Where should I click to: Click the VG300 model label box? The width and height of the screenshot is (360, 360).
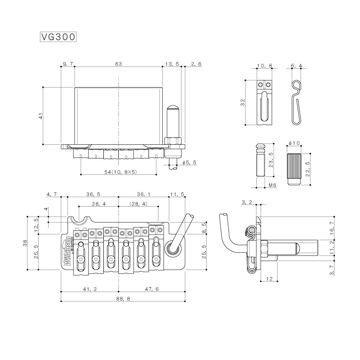coord(58,37)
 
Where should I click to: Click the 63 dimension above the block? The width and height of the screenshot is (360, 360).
coord(118,64)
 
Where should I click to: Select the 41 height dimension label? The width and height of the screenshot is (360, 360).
coord(41,116)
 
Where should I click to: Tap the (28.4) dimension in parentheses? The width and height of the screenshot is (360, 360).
coord(139,204)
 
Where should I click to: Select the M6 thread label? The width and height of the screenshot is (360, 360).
coord(273,185)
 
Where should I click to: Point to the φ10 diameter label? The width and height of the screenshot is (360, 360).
coord(294,143)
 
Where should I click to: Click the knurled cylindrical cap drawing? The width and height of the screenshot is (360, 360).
coord(294,168)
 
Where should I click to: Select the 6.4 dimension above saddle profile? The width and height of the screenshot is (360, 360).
coord(296,66)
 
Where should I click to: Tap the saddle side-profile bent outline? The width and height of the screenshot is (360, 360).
coord(296,103)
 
